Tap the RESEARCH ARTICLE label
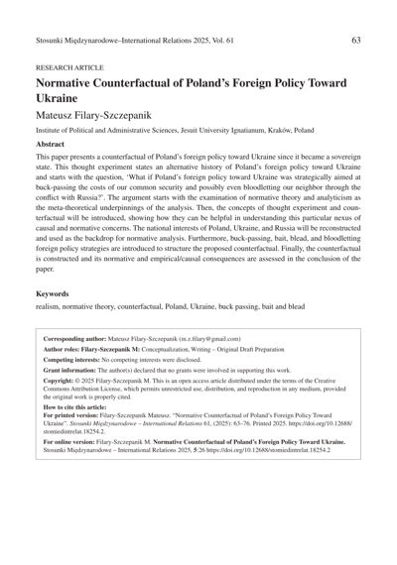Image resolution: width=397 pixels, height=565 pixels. (68, 70)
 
